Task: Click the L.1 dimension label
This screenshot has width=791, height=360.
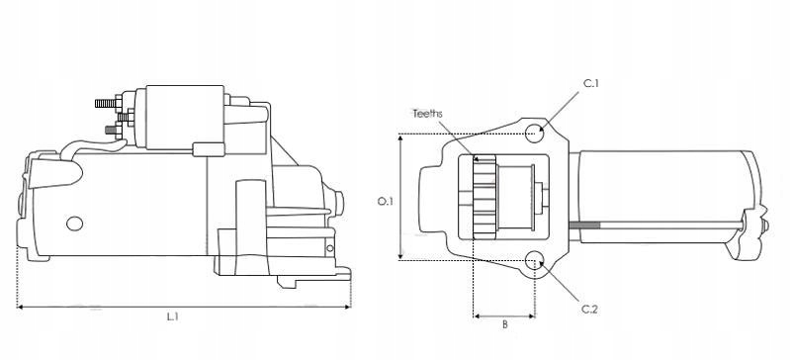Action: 172,317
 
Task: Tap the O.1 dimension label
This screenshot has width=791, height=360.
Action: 386,201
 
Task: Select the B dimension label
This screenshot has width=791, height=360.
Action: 505,324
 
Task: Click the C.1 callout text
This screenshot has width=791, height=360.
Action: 590,84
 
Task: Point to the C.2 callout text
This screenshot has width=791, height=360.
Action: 589,310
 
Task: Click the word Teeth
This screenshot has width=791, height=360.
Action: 427,114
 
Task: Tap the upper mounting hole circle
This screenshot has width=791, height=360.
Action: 534,134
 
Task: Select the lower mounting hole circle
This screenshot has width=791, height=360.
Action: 534,261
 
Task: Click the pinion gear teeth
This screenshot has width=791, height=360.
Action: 484,197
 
